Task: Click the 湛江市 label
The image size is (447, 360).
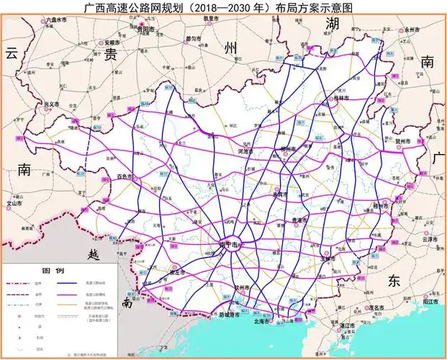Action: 348,326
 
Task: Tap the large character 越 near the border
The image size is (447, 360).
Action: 94,255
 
